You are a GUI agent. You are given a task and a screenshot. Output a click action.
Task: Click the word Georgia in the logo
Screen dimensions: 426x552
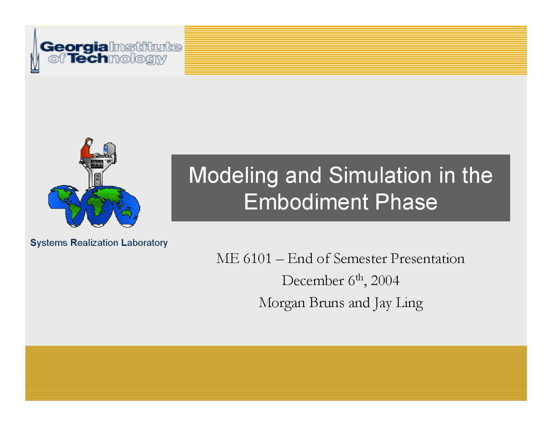pyautogui.click(x=75, y=47)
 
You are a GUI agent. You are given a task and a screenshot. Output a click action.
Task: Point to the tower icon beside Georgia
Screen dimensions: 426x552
pyautogui.click(x=34, y=51)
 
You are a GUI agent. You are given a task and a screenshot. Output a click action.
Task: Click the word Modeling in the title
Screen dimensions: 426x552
pyautogui.click(x=233, y=175)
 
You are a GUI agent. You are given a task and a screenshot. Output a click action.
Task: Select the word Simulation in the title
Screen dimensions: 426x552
pyautogui.click(x=380, y=175)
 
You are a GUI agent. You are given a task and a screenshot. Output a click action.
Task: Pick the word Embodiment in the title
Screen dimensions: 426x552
pyautogui.click(x=306, y=202)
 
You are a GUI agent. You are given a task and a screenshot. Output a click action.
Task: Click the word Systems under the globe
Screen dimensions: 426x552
pyautogui.click(x=49, y=243)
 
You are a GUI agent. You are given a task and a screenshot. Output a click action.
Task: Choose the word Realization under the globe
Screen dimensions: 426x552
pyautogui.click(x=94, y=243)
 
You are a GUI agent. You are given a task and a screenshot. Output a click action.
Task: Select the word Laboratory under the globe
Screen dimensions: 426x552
pyautogui.click(x=144, y=243)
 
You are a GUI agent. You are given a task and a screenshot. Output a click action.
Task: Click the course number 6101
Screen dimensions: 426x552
pyautogui.click(x=257, y=258)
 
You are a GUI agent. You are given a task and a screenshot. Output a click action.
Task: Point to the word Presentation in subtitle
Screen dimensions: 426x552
pyautogui.click(x=427, y=258)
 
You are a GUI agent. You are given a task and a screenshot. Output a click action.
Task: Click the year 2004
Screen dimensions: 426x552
pyautogui.click(x=385, y=281)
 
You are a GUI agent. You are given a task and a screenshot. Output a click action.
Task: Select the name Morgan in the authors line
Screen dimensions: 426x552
pyautogui.click(x=282, y=303)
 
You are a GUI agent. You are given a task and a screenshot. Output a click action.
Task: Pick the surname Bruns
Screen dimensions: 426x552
pyautogui.click(x=327, y=303)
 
